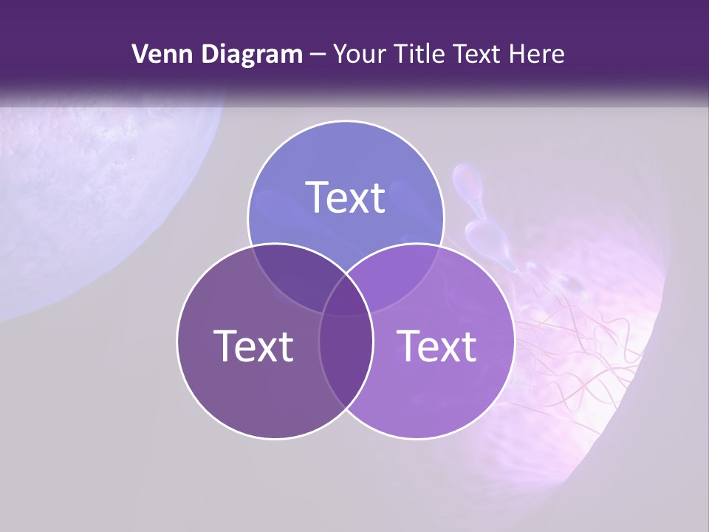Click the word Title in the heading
pyautogui.click(x=421, y=54)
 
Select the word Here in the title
pyautogui.click(x=540, y=54)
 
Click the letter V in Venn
pyautogui.click(x=140, y=54)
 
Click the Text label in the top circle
pyautogui.click(x=346, y=197)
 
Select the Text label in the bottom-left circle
pyautogui.click(x=253, y=346)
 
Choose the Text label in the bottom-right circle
pyautogui.click(x=436, y=346)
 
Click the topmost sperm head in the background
pyautogui.click(x=467, y=178)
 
